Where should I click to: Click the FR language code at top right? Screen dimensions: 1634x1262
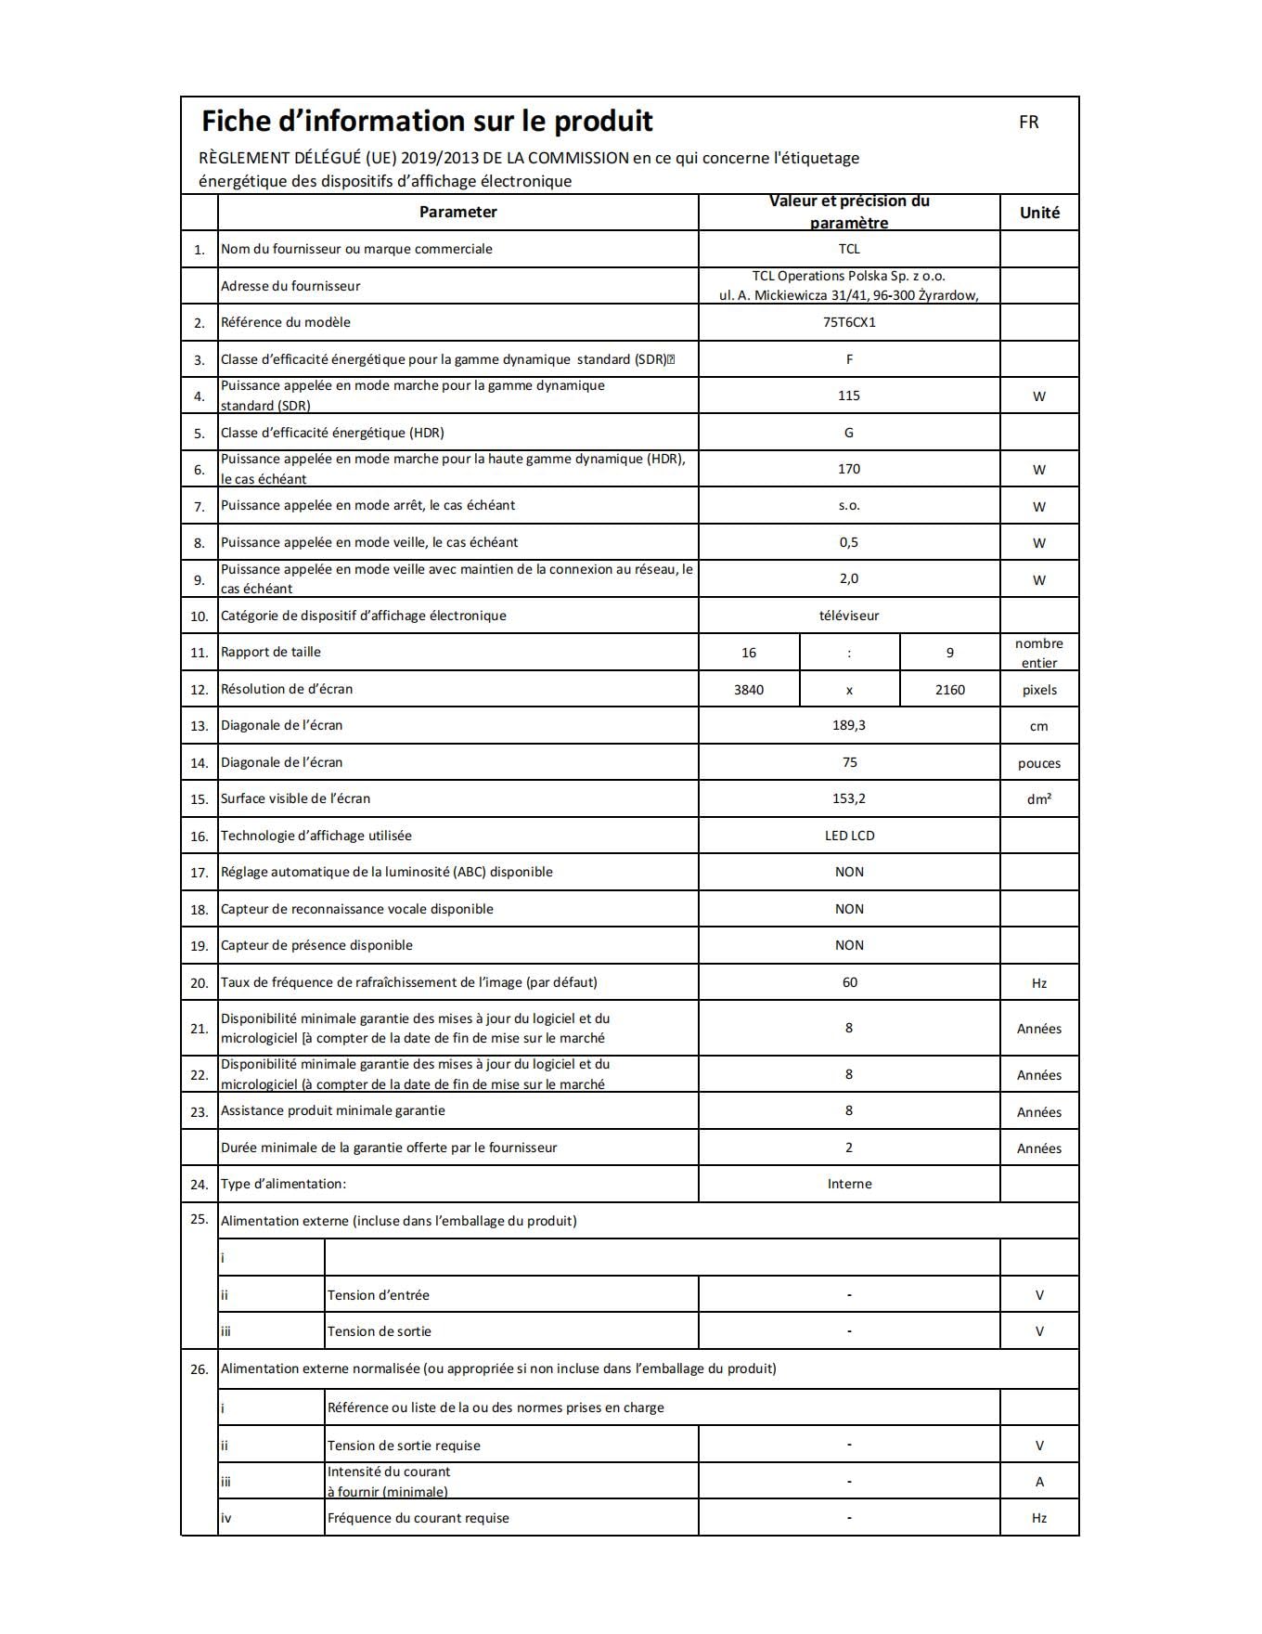tap(1028, 122)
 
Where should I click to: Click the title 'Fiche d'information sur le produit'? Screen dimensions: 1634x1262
tap(427, 121)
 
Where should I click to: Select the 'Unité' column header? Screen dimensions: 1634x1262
tap(1039, 213)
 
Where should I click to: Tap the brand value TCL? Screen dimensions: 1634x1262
tap(849, 249)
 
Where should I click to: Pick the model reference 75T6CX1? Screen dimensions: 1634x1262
tap(849, 322)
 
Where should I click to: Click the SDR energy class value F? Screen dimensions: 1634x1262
tap(849, 359)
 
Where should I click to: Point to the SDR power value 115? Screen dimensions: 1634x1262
tap(849, 396)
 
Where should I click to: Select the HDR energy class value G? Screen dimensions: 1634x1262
tap(849, 433)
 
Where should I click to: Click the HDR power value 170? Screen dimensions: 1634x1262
tap(849, 469)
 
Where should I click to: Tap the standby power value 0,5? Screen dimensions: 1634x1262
tap(849, 542)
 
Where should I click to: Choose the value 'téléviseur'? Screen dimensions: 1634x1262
tap(849, 616)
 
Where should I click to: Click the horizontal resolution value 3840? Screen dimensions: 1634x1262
tap(749, 690)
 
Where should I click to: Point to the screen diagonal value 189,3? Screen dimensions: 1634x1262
tap(849, 725)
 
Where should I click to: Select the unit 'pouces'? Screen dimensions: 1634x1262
tap(1039, 763)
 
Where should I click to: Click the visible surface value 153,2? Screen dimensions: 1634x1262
tap(849, 798)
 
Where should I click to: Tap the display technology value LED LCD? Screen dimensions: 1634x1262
tap(849, 836)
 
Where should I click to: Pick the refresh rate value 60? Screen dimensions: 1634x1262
tap(849, 982)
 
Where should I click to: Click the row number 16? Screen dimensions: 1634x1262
tap(200, 836)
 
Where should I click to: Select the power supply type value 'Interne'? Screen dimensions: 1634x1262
tap(849, 1184)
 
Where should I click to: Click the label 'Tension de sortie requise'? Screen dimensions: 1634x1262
tap(404, 1446)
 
